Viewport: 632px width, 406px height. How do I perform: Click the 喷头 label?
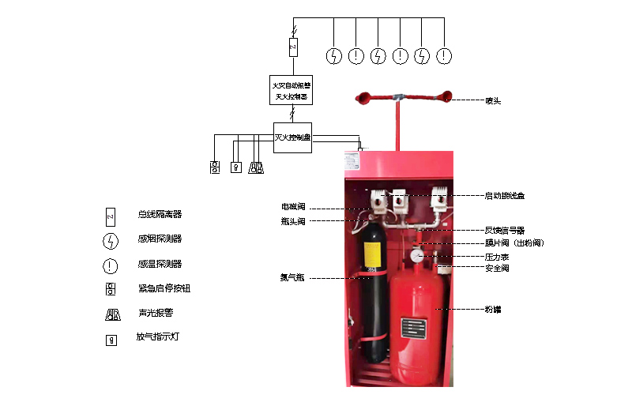click(492, 100)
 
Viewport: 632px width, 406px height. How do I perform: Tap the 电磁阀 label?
click(293, 207)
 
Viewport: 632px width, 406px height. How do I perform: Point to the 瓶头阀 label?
click(293, 222)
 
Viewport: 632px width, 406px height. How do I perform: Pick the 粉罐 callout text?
click(492, 310)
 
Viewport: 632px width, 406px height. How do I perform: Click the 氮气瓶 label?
click(292, 278)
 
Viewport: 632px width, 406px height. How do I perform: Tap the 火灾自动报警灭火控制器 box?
click(290, 90)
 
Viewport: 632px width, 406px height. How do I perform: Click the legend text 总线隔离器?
click(160, 214)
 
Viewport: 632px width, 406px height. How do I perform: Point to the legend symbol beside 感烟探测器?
click(110, 239)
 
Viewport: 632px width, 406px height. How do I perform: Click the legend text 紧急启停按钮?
click(164, 288)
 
